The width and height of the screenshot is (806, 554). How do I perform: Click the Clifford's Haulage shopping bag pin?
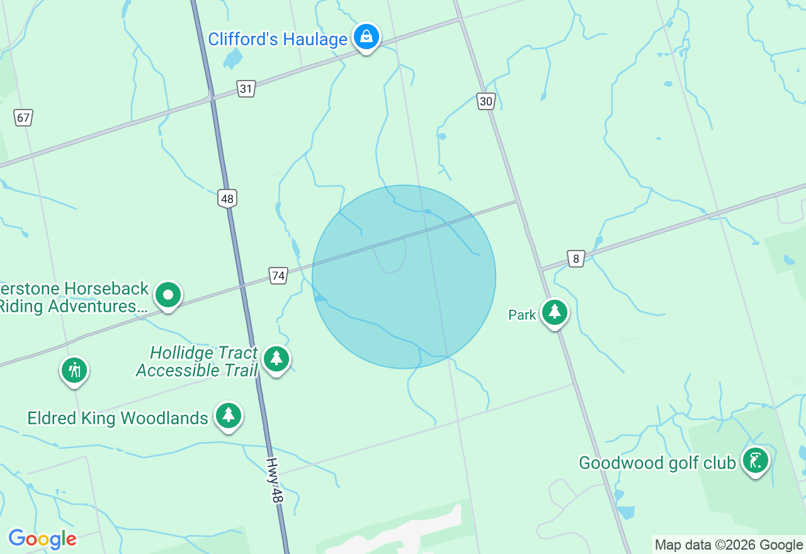(x=366, y=37)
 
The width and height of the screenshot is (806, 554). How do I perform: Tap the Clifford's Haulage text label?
(x=278, y=39)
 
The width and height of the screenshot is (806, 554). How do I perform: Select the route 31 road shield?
(x=246, y=89)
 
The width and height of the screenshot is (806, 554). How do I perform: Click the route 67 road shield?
(x=23, y=117)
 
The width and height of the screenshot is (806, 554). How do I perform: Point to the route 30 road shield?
(x=485, y=101)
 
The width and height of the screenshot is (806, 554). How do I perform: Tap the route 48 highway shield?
(x=227, y=199)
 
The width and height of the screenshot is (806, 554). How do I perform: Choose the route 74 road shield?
(x=278, y=275)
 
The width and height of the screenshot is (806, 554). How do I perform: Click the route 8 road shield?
(x=576, y=258)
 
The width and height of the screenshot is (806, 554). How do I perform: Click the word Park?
(x=522, y=315)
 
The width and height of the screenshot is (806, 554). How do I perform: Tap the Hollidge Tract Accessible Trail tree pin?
(x=276, y=359)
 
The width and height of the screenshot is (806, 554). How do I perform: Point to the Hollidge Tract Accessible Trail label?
(x=197, y=361)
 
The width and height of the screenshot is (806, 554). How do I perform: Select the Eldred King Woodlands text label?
(x=118, y=418)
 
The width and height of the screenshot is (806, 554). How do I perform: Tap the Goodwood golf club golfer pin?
(x=755, y=461)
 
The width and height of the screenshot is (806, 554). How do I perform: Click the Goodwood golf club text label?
(x=657, y=463)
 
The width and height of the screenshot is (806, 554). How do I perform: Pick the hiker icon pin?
(x=74, y=370)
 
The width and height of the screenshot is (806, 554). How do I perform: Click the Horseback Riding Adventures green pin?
(x=167, y=295)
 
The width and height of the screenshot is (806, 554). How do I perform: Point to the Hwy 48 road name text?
(x=274, y=480)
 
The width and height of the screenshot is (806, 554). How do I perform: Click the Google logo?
(x=42, y=539)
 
